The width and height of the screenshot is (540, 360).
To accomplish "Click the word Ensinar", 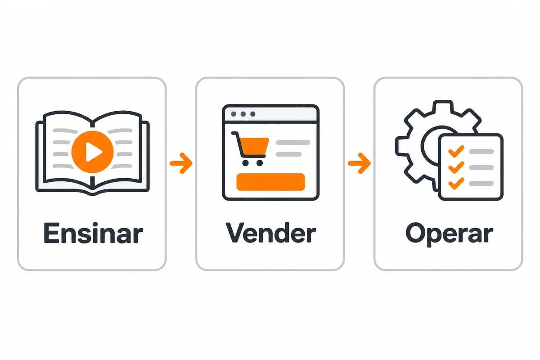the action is click(x=94, y=233).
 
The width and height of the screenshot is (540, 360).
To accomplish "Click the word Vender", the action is click(x=271, y=233).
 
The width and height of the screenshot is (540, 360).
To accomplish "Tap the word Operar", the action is click(x=450, y=234).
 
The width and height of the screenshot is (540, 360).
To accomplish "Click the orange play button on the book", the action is click(x=92, y=152).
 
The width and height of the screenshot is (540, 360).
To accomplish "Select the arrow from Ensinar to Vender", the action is click(x=181, y=163).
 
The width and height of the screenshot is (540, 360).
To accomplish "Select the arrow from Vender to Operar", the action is click(x=359, y=163).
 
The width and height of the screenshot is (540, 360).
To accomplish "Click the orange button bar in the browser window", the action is click(x=271, y=182).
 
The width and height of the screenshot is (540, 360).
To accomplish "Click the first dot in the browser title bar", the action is click(x=234, y=114).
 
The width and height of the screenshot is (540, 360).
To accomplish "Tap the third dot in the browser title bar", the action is click(x=252, y=114).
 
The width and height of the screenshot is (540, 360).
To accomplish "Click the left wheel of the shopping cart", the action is click(x=245, y=163).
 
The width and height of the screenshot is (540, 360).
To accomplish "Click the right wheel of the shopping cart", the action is click(x=260, y=163).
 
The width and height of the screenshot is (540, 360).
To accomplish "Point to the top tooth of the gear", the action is click(x=442, y=106).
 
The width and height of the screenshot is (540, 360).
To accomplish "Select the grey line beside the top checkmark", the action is click(x=481, y=152).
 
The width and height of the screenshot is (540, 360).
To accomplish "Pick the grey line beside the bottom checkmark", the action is click(x=481, y=184).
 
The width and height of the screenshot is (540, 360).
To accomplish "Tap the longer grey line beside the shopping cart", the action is click(x=293, y=143).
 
